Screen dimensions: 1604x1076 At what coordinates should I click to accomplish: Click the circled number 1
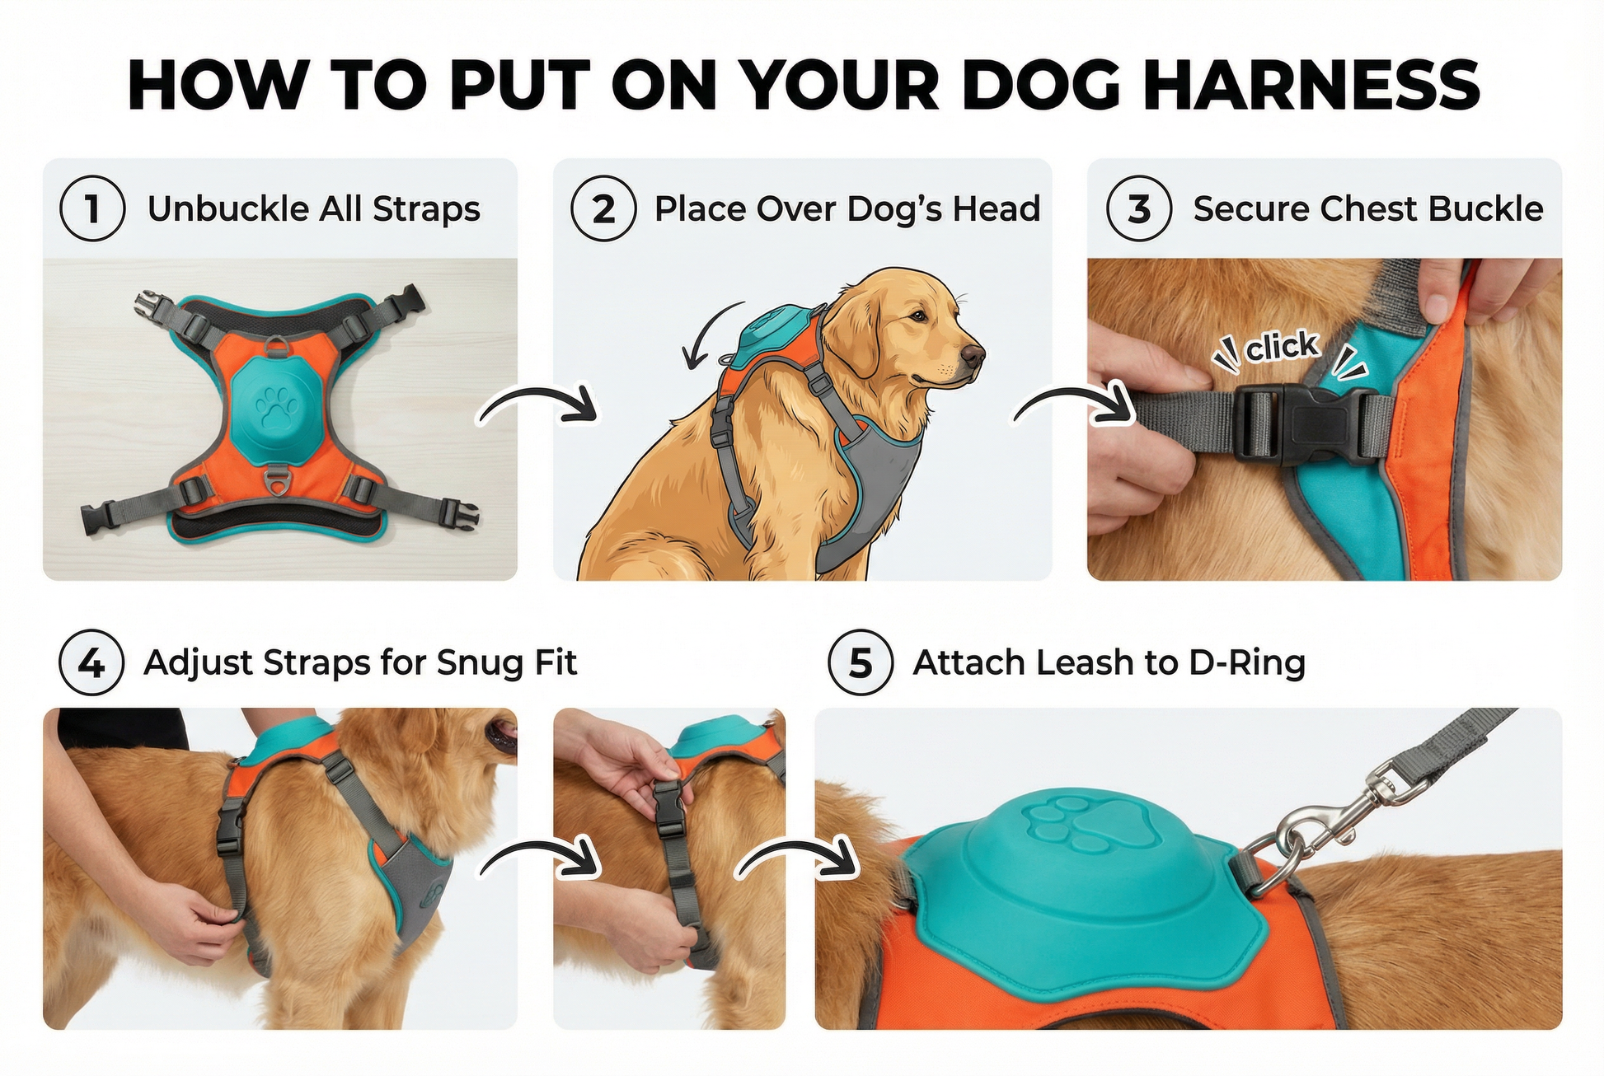tap(92, 208)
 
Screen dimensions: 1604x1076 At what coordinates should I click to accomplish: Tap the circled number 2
tap(603, 208)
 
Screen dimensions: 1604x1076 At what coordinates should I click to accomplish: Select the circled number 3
tap(1138, 208)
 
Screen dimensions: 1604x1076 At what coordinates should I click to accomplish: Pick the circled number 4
tap(91, 662)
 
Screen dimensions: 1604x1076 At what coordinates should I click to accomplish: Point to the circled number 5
tap(861, 662)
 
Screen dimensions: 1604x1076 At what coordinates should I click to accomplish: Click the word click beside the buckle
tap(1282, 347)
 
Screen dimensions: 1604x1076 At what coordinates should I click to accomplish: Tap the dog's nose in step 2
tap(973, 356)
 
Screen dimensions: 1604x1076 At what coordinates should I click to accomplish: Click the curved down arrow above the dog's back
tap(707, 334)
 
